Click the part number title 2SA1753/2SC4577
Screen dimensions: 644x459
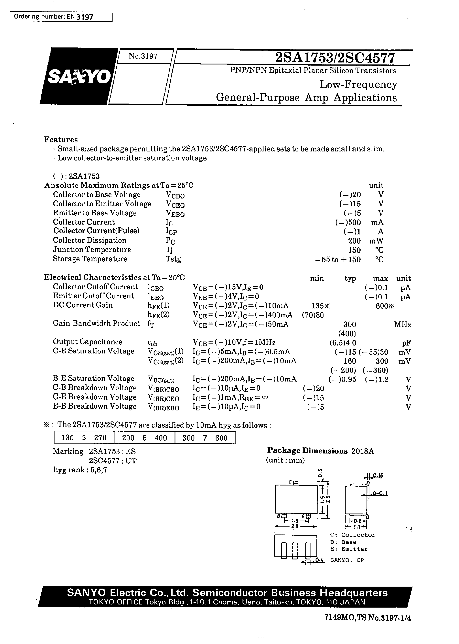(335, 58)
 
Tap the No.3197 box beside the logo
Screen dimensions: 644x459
(143, 56)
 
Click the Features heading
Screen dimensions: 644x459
(61, 140)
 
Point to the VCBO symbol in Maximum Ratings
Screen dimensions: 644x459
(175, 195)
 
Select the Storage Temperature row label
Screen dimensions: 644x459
(90, 259)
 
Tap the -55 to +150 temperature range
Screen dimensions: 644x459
(338, 260)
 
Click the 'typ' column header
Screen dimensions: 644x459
(350, 278)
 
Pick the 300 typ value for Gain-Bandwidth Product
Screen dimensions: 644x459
(350, 324)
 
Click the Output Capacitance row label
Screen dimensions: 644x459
(87, 342)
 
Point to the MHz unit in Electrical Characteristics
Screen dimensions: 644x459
(403, 325)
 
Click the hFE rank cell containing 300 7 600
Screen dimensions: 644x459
(205, 438)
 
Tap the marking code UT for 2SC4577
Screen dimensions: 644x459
(131, 461)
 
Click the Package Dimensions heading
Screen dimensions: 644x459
(307, 451)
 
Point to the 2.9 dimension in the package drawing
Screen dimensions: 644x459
(295, 526)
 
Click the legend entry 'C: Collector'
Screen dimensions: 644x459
(352, 535)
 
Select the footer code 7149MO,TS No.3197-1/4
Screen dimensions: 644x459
(367, 618)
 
